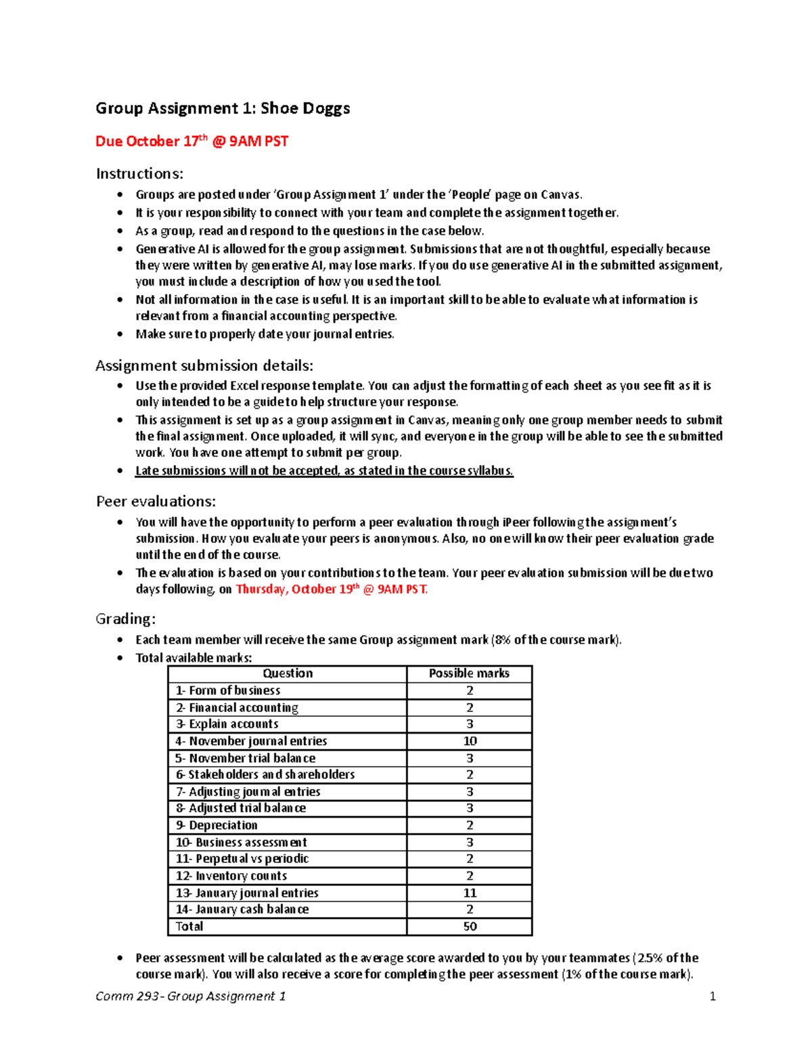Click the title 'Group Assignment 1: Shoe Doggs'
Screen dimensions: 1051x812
tap(223, 108)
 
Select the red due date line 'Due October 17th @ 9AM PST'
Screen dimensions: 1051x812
tap(191, 141)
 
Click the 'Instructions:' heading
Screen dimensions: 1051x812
tap(139, 174)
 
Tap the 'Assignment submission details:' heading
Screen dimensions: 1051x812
tap(204, 366)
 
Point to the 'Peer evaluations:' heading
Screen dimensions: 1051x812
tap(156, 501)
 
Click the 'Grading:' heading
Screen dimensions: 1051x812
tap(126, 619)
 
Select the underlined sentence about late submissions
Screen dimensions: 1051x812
tap(324, 471)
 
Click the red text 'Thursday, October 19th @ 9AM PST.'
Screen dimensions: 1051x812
tap(332, 589)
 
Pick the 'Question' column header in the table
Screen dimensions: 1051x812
tap(288, 673)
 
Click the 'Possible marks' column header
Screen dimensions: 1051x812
tap(469, 673)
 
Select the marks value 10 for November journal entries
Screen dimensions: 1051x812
tap(470, 741)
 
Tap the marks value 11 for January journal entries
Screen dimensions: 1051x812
tap(470, 893)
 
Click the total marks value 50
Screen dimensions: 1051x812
tap(470, 926)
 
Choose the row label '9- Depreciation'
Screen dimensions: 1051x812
tap(217, 826)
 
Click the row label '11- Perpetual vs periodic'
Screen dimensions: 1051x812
tap(242, 859)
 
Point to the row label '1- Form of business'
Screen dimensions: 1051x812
tap(228, 691)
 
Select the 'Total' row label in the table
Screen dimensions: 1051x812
tap(189, 926)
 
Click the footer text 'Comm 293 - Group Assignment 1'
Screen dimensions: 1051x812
tap(191, 996)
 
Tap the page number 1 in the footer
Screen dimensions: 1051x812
tap(712, 996)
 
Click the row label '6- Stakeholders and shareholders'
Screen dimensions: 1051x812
tap(265, 775)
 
